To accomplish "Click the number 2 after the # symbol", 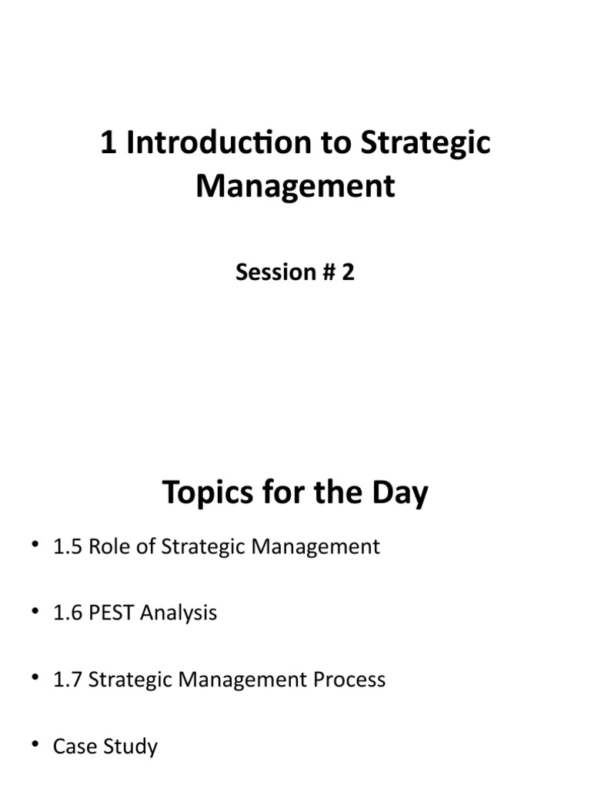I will pyautogui.click(x=348, y=272).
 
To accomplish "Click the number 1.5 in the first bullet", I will pyautogui.click(x=68, y=547).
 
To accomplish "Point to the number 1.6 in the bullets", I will pyautogui.click(x=68, y=613).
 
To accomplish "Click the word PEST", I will pyautogui.click(x=113, y=613).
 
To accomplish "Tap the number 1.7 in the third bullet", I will pyautogui.click(x=68, y=679).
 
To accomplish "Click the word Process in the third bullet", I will pyautogui.click(x=350, y=679).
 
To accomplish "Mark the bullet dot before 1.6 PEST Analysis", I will pyautogui.click(x=35, y=613).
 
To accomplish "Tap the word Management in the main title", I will pyautogui.click(x=295, y=187).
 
